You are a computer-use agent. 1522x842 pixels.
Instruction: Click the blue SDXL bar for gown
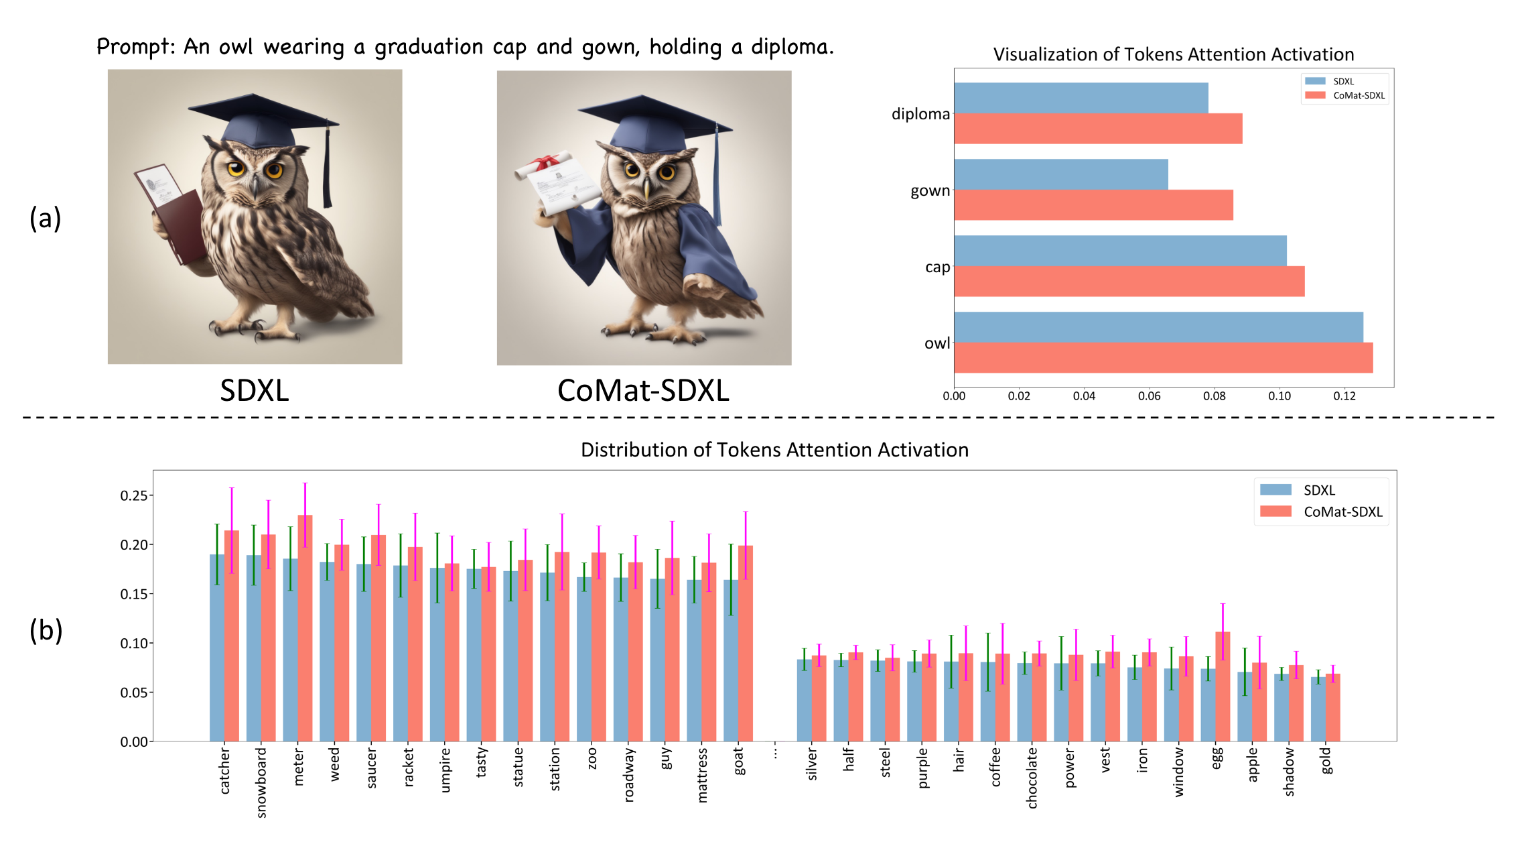(x=1060, y=174)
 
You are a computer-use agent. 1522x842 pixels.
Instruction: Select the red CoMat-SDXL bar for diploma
(x=1097, y=129)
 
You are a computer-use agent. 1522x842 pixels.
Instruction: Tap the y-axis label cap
(x=937, y=267)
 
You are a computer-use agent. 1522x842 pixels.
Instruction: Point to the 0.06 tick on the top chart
(x=1149, y=396)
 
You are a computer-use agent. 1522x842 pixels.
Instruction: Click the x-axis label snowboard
(x=261, y=782)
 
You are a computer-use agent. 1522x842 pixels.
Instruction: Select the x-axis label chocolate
(x=1032, y=778)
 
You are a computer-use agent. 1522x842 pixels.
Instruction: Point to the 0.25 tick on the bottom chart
(x=134, y=495)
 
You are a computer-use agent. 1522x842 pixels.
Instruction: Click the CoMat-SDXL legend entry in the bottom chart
(x=1321, y=512)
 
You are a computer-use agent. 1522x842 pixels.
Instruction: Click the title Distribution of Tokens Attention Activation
(x=774, y=450)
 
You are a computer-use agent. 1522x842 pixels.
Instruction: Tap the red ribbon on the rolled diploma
(x=546, y=162)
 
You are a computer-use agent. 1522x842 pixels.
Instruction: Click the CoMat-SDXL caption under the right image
(x=643, y=391)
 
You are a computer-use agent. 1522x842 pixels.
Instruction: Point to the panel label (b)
(x=46, y=630)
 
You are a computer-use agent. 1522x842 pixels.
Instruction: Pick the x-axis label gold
(x=1326, y=761)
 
